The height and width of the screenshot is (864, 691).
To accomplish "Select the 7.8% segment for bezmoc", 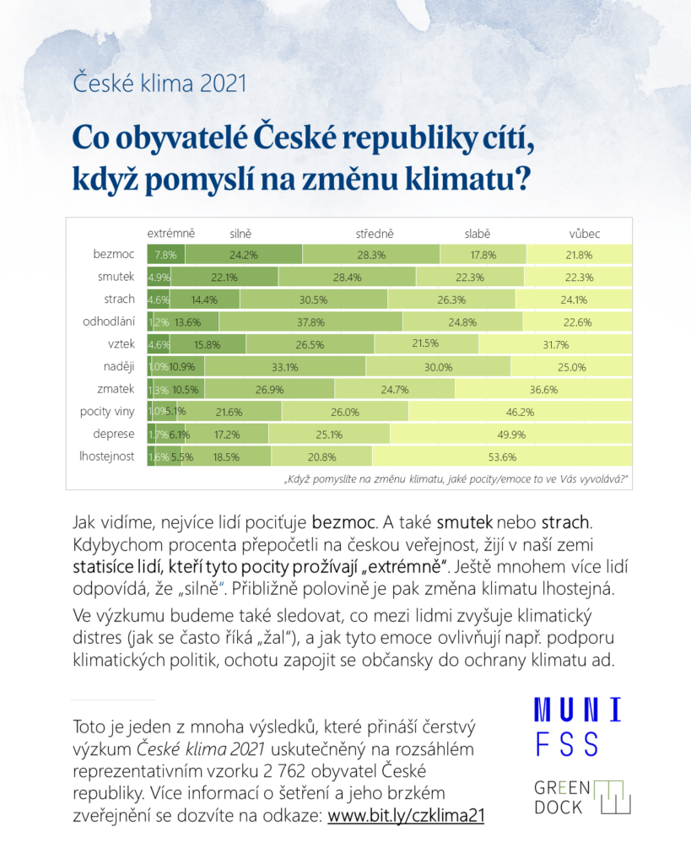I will click(x=165, y=254).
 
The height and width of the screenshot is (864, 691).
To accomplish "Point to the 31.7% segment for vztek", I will click(x=556, y=344).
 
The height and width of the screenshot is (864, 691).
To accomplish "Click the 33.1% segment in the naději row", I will click(x=285, y=366).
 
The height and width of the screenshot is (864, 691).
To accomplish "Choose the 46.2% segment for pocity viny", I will click(x=519, y=412).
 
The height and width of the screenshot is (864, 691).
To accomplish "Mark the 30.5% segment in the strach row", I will click(x=313, y=299).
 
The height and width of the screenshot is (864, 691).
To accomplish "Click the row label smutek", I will click(x=116, y=277).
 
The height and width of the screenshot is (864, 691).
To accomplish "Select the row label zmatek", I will click(x=116, y=389).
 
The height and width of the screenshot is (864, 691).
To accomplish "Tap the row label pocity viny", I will click(x=107, y=412).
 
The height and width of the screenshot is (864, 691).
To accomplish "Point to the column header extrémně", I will click(x=171, y=233).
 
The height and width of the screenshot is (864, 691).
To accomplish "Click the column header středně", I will click(x=374, y=233).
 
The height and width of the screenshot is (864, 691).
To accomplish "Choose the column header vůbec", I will click(x=585, y=233).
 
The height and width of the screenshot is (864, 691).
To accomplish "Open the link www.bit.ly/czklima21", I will click(x=406, y=817).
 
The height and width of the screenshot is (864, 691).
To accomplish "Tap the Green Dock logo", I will click(x=582, y=796).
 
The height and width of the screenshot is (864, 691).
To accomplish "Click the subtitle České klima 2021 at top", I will click(x=159, y=84).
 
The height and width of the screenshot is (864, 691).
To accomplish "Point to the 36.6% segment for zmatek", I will click(x=543, y=389).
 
